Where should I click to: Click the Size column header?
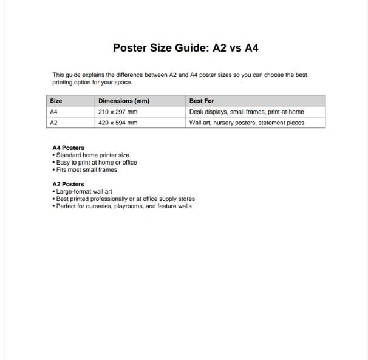(x=56, y=101)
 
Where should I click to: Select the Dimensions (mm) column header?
(x=124, y=101)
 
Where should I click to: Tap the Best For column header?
(x=202, y=101)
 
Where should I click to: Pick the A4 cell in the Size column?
(x=53, y=112)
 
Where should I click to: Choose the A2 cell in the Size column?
(x=53, y=123)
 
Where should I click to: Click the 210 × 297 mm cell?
(x=118, y=112)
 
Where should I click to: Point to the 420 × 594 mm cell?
(x=118, y=123)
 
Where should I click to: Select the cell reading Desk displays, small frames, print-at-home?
(x=247, y=112)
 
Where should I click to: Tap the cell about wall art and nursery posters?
(x=247, y=123)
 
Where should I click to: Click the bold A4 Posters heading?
(x=69, y=148)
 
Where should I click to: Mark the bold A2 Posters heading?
(x=69, y=184)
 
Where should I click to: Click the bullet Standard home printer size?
(x=92, y=155)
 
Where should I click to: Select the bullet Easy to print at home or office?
(x=96, y=162)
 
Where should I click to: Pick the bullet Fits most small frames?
(x=86, y=169)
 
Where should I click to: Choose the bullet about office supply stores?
(x=125, y=199)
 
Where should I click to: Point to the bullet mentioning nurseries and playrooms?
(x=123, y=206)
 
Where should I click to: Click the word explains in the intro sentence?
(x=95, y=75)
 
